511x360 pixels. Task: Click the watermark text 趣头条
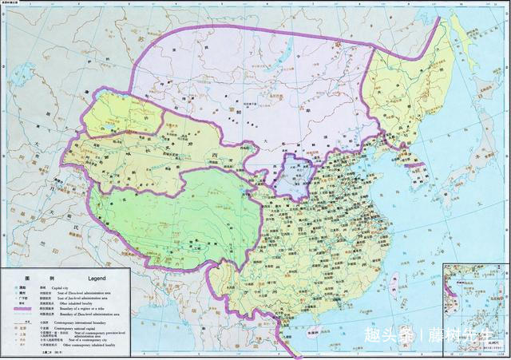pyautogui.click(x=389, y=334)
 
